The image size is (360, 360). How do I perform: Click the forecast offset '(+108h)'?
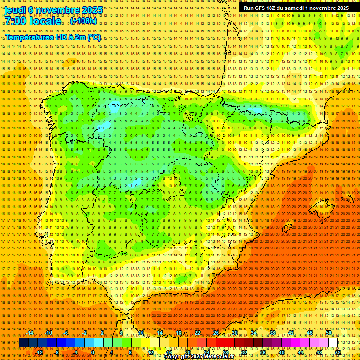83,21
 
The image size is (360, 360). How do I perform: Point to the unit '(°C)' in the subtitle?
94,37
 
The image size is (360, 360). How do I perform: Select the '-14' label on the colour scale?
30,333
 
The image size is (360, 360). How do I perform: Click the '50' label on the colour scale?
329,333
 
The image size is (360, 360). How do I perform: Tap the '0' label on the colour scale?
93,352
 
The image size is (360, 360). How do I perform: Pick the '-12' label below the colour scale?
39,352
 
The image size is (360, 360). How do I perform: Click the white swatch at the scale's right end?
333,343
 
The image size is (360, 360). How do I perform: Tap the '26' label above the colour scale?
216,333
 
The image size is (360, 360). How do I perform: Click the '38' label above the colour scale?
272,333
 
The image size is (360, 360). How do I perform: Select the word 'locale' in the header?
46,21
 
